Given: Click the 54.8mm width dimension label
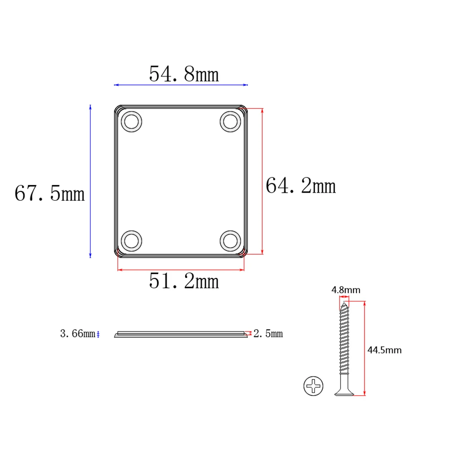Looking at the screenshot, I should point(184,74).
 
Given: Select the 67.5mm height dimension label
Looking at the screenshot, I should point(49,194).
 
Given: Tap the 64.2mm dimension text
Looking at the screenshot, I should point(300,185).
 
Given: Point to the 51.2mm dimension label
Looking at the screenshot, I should point(184,282).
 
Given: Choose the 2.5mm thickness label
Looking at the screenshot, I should point(268,334).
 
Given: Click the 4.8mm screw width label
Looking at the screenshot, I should point(345,290).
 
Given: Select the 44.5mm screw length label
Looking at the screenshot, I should point(384,350).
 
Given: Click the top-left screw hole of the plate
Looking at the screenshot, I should point(132,122).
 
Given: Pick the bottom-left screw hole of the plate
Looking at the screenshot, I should point(132,240).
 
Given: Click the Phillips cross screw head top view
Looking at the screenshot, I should point(313,386).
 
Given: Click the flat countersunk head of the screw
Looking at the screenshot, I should point(344,393).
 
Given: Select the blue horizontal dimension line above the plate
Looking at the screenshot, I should point(181,84).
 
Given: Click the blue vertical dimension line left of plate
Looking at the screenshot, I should point(90,181).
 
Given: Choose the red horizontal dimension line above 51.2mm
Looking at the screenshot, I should point(181,270).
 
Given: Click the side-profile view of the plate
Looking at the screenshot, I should point(181,335).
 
